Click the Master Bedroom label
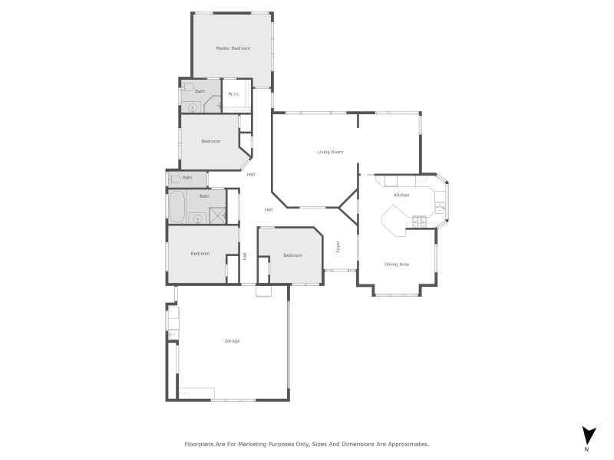[x=233, y=48]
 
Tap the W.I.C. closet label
[x=234, y=94]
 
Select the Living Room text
[x=330, y=152]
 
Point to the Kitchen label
[x=401, y=195]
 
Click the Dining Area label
[x=397, y=264]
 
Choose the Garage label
[x=232, y=340]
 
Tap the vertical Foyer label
[x=338, y=247]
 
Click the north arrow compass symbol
[x=588, y=435]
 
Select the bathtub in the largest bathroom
[x=177, y=205]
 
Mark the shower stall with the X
[x=218, y=215]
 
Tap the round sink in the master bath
[x=191, y=107]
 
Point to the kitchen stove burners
[x=420, y=222]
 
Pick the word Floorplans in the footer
[x=201, y=444]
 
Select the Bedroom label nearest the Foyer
[x=292, y=255]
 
